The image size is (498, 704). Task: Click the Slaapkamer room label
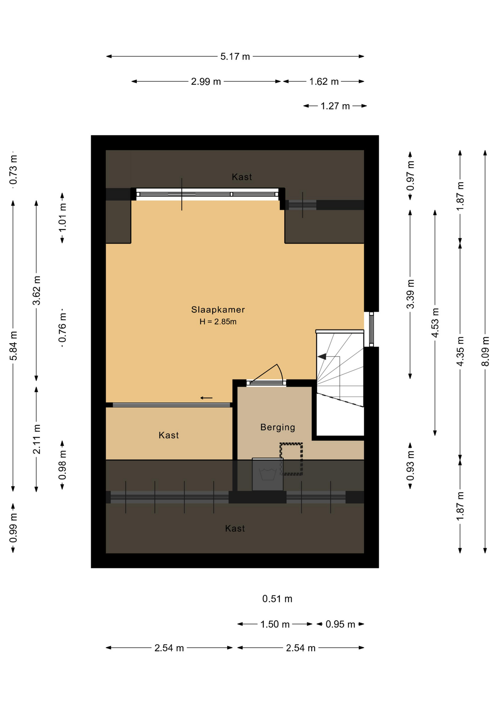(218, 309)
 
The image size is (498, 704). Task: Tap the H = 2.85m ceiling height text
(218, 322)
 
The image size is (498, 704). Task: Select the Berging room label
(278, 427)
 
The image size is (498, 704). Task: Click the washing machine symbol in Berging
(268, 474)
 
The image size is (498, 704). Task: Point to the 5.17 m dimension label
(235, 56)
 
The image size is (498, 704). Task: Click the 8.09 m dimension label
(485, 351)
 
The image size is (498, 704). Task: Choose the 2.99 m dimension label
(206, 81)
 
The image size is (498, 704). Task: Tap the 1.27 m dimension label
(335, 106)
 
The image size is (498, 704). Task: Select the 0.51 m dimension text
(277, 599)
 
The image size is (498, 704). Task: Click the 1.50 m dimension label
(275, 624)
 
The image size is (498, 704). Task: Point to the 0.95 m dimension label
(340, 624)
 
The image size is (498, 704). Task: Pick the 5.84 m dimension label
(13, 345)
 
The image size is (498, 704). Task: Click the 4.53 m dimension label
(435, 323)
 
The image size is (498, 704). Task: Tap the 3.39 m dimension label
(410, 294)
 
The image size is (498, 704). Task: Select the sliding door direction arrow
(206, 398)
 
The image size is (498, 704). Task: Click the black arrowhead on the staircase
(322, 356)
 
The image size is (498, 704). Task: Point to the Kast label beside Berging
(169, 435)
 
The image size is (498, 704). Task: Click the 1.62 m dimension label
(324, 81)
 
